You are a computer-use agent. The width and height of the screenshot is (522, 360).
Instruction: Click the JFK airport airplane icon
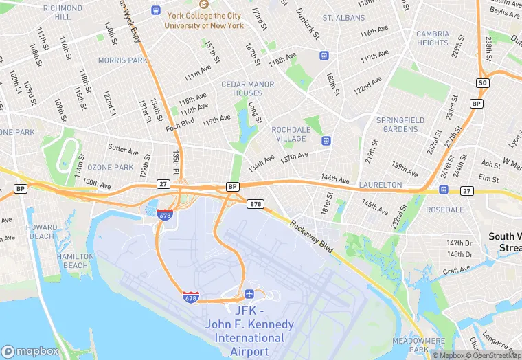click(x=249, y=295)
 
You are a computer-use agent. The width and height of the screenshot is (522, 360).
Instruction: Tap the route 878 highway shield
click(x=256, y=203)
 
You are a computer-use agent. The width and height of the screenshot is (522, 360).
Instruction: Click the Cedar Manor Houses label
click(x=247, y=89)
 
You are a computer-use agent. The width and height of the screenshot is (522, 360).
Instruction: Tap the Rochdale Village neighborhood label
click(x=294, y=133)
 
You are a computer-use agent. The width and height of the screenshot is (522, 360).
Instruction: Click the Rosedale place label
click(x=445, y=210)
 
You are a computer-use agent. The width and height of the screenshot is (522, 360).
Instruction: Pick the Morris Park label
click(x=122, y=60)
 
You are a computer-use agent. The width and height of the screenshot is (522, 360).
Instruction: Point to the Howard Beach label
click(x=42, y=232)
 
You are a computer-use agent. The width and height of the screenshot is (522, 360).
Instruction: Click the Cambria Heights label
click(x=433, y=38)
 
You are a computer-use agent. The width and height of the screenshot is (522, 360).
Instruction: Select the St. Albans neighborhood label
click(x=343, y=17)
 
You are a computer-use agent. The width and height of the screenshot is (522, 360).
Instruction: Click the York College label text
click(x=204, y=21)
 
